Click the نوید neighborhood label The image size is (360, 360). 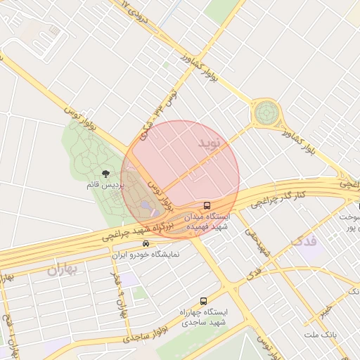coord(209,144)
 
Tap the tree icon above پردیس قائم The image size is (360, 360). coord(105,173)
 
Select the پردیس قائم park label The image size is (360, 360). coord(105,185)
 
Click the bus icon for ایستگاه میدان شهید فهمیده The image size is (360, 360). coord(207,205)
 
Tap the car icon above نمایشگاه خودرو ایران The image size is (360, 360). coord(146,244)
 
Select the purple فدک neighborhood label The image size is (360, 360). coord(303,242)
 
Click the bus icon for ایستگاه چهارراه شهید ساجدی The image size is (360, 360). coord(203,301)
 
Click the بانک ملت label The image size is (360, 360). coord(321,333)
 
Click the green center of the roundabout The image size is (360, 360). coord(266,112)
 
